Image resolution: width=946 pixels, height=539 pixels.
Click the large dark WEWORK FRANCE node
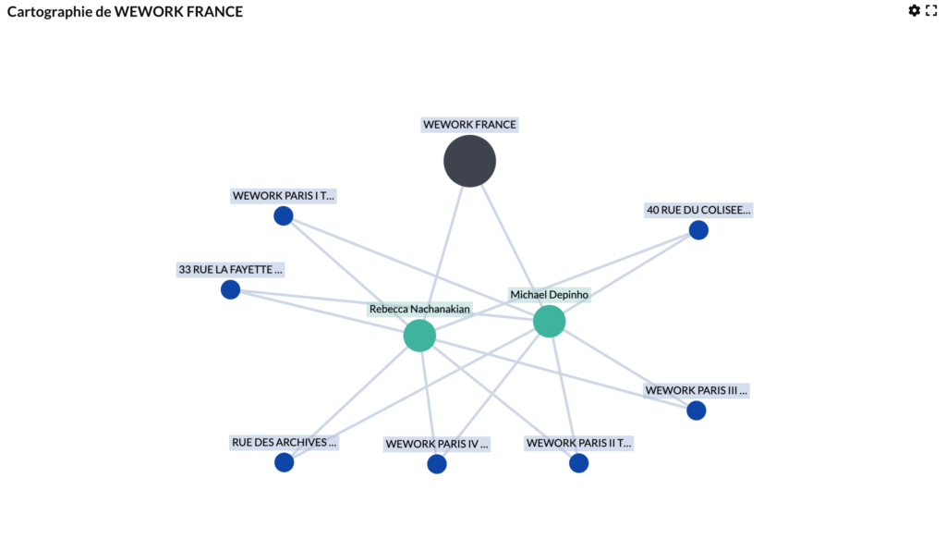point(469,161)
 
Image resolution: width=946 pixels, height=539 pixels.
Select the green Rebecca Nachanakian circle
point(419,336)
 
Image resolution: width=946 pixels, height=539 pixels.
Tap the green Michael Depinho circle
point(549,321)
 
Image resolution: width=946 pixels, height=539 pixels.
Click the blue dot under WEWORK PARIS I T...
point(283,216)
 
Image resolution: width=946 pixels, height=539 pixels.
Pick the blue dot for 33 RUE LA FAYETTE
point(230,289)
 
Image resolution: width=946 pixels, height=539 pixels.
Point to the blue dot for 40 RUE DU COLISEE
point(698,230)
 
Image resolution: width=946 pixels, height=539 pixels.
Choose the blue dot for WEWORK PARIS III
point(696,410)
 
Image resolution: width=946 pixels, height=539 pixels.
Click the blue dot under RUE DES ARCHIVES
point(284,462)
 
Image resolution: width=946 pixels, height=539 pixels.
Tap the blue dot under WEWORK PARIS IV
point(437,464)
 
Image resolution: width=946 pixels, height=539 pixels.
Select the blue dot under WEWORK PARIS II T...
point(578,463)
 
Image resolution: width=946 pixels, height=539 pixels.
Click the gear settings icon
point(914,10)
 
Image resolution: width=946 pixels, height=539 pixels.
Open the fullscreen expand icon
point(931,10)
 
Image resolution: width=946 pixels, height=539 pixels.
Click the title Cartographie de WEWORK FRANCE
point(125,11)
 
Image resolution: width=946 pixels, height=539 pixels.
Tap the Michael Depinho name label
point(549,295)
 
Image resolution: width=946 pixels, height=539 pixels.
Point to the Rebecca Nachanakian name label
point(419,309)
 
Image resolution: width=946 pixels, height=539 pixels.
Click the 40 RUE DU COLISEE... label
point(698,210)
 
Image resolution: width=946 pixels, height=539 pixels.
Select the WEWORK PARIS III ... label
point(696,390)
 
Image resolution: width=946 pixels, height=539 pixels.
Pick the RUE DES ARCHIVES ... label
point(284,443)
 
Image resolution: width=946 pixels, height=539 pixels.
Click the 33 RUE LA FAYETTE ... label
point(230,270)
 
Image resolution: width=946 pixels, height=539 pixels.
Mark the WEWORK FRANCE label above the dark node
point(469,125)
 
